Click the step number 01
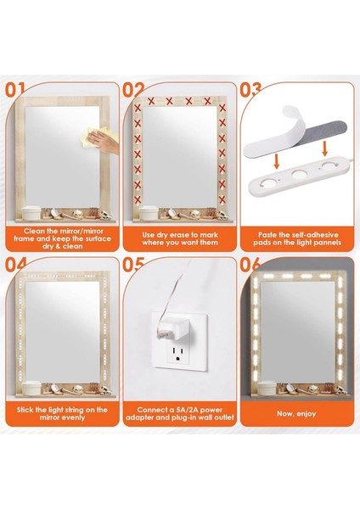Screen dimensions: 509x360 [x=18, y=89]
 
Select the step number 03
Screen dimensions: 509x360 [x=251, y=89]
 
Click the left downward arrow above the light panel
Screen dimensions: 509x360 [x=274, y=159]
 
